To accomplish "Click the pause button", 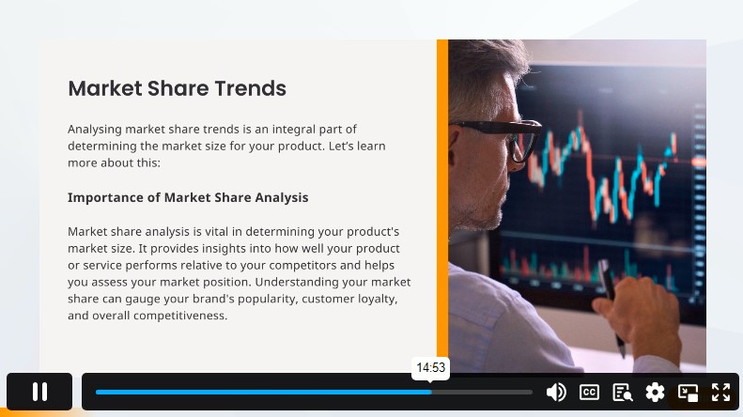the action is (39, 392).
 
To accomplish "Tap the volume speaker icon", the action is (556, 393).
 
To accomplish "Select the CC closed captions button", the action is (589, 393).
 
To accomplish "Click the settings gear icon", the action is (655, 393).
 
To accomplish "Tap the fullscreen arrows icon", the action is (720, 393).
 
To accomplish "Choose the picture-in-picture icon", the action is (688, 393).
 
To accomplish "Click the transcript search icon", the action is (622, 393).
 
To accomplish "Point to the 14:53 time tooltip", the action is (431, 368).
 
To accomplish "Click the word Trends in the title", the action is (250, 88).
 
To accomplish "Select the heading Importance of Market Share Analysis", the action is (188, 197).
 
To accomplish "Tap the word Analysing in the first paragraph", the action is (95, 130).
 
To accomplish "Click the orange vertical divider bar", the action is (442, 206).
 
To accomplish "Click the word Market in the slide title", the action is (104, 88).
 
